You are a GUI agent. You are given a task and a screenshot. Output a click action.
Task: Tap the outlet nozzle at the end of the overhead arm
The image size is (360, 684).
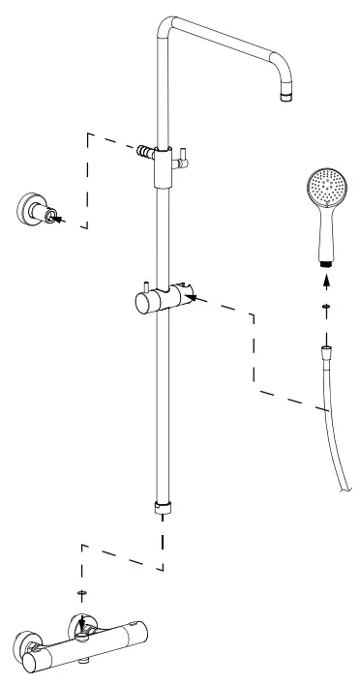[285, 96]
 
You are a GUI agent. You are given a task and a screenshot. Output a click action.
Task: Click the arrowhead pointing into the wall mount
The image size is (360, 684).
[60, 220]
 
